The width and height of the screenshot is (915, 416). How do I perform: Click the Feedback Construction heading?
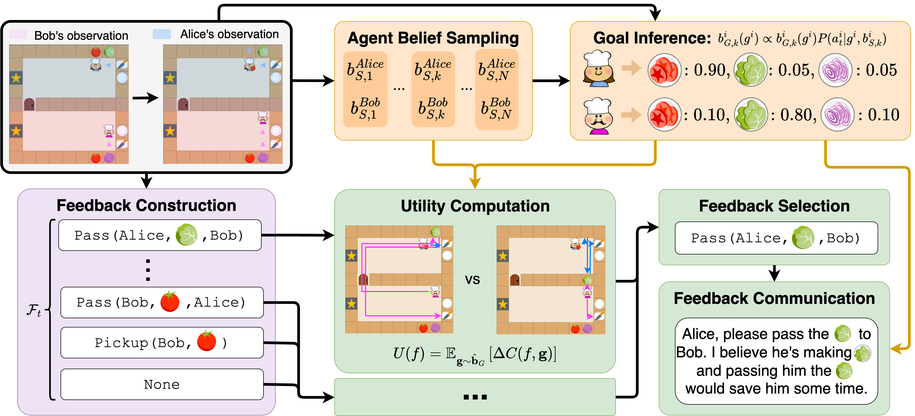[x=146, y=206]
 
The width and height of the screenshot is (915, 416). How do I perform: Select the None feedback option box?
[x=162, y=384]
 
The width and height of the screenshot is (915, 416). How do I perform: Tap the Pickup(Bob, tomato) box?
[x=162, y=343]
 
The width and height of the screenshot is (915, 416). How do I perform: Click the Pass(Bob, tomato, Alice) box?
[x=162, y=303]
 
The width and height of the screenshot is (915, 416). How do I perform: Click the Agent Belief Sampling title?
[x=433, y=38]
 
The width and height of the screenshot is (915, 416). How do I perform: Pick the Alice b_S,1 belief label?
[x=365, y=70]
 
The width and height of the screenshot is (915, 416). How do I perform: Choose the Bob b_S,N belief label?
[x=497, y=108]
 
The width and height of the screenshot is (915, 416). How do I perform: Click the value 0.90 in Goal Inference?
[x=709, y=70]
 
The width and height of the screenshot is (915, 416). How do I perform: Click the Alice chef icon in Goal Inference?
[x=599, y=69]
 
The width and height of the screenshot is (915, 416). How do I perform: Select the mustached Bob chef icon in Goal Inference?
[x=599, y=116]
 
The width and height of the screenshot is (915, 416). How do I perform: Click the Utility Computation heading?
[x=475, y=206]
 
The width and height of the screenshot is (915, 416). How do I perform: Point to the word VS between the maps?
[x=472, y=280]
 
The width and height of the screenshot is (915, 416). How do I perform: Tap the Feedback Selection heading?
[x=774, y=206]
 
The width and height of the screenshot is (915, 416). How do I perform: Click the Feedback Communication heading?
[x=774, y=298]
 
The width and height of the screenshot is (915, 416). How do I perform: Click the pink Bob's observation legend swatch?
[x=18, y=34]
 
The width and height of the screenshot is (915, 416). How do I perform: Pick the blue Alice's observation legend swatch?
[x=162, y=34]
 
